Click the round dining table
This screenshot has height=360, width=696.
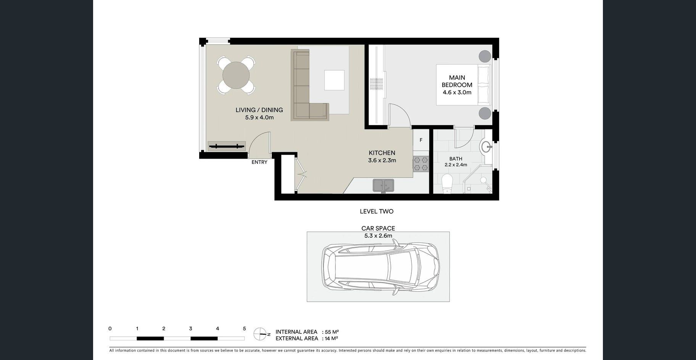236,75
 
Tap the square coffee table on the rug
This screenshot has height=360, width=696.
334,80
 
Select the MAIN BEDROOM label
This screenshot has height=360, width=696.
457,81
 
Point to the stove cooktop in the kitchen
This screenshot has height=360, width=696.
420,164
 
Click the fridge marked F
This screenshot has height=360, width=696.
421,140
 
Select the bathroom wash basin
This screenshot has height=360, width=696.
486,147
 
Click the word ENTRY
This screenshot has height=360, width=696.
259,162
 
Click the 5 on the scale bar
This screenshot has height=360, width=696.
244,329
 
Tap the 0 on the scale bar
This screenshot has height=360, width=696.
110,329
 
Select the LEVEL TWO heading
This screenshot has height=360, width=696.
377,211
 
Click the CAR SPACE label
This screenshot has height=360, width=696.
378,228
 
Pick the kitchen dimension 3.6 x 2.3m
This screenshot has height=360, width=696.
382,161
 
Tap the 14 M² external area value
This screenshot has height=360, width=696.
331,338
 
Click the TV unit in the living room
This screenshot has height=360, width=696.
227,146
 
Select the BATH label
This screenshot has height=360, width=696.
456,159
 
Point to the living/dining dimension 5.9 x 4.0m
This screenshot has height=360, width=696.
259,117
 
